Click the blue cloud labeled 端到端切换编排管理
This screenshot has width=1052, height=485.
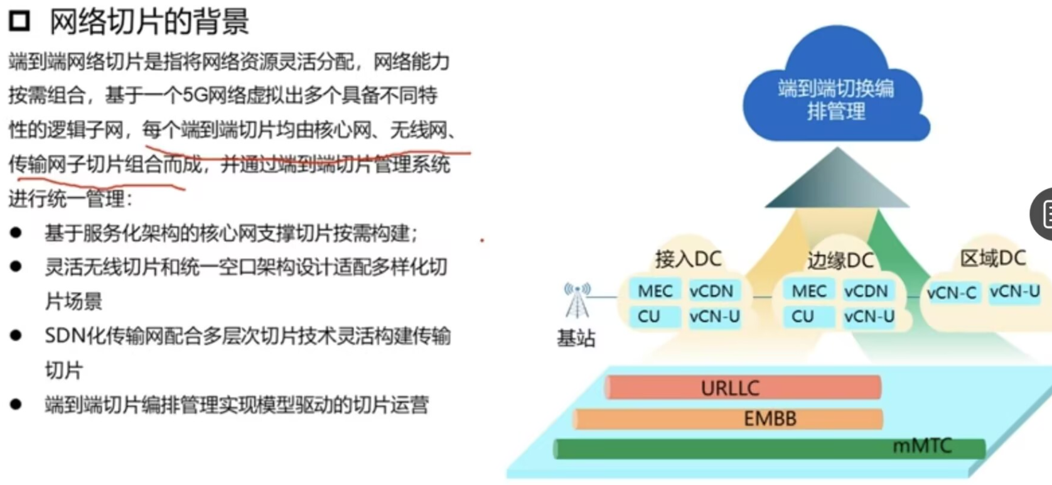coord(835,94)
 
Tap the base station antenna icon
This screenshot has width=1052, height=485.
coord(577,300)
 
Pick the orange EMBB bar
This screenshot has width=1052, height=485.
coord(728,418)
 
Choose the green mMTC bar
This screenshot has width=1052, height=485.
coord(769,448)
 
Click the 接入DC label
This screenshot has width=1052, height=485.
coord(688,259)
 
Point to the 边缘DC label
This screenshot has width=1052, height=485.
coord(840,260)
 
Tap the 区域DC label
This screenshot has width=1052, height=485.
coord(992,258)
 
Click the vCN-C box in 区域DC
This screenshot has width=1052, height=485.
coord(952,293)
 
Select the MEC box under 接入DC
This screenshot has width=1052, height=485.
coord(655,291)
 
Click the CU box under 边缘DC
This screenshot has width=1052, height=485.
coord(803,316)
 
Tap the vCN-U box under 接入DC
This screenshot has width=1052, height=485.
coord(714,316)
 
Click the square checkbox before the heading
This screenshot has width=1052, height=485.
coord(19,21)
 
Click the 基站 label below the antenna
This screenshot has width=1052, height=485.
coord(576,339)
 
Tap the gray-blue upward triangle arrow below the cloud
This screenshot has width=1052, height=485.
coord(837,179)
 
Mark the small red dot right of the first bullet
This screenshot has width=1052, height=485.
coord(482,240)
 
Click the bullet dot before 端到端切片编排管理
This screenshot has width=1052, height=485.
coord(16,404)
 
